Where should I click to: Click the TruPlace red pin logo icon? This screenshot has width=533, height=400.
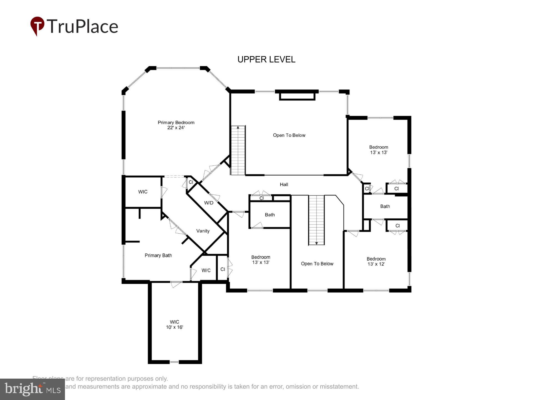click(x=37, y=26)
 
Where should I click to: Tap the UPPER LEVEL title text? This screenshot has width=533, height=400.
click(x=266, y=59)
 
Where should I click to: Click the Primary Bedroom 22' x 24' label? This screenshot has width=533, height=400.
click(x=176, y=125)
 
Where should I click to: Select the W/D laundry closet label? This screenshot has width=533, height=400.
click(x=209, y=203)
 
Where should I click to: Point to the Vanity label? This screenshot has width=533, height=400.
click(x=203, y=231)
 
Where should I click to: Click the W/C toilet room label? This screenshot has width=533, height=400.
click(x=206, y=270)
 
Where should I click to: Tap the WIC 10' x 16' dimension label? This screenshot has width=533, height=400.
click(x=174, y=324)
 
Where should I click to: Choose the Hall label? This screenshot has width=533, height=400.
click(x=284, y=184)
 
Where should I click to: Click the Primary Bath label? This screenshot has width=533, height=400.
click(x=158, y=255)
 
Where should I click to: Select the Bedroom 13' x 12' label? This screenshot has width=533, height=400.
click(x=376, y=261)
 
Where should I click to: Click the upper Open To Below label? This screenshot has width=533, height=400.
click(x=289, y=135)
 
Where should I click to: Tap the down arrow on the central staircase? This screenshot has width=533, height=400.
click(x=316, y=243)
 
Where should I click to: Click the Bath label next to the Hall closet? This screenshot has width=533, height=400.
click(x=270, y=215)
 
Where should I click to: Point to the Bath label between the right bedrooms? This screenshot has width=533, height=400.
click(x=385, y=206)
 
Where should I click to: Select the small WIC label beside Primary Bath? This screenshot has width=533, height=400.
click(x=143, y=192)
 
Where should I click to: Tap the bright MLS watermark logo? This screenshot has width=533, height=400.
click(x=32, y=389)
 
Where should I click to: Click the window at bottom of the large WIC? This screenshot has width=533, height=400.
click(x=174, y=362)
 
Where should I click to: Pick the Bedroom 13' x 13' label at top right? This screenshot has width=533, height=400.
click(x=378, y=150)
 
